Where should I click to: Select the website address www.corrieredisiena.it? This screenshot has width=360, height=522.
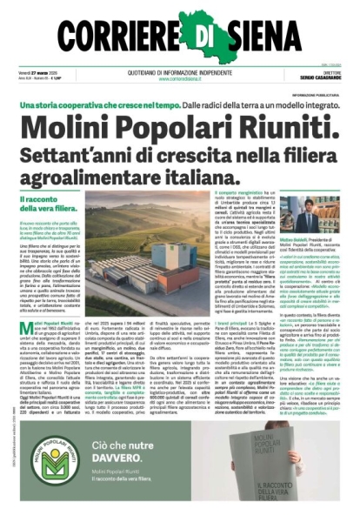coord(181,78)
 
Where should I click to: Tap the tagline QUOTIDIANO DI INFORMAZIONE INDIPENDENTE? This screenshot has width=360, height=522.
coord(181,72)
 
